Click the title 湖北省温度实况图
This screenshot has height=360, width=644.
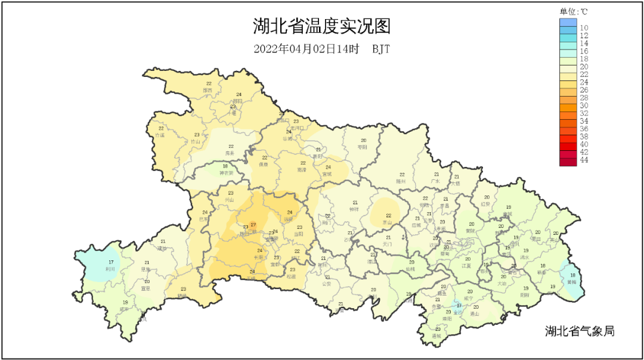(x=321, y=26)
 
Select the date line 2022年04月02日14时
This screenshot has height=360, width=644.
(x=306, y=49)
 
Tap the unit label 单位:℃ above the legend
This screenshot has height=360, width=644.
(x=573, y=11)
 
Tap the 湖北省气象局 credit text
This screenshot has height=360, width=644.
(x=579, y=331)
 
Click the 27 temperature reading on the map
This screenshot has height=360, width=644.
(x=253, y=225)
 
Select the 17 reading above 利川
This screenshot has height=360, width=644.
(x=111, y=262)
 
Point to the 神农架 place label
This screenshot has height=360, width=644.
(x=226, y=173)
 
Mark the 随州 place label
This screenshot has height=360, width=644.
(x=401, y=181)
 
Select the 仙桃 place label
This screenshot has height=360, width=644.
(x=410, y=269)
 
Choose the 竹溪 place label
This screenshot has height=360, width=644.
(x=159, y=135)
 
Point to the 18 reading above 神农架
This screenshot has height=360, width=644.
(x=225, y=166)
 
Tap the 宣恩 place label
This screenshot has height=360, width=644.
(x=145, y=288)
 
